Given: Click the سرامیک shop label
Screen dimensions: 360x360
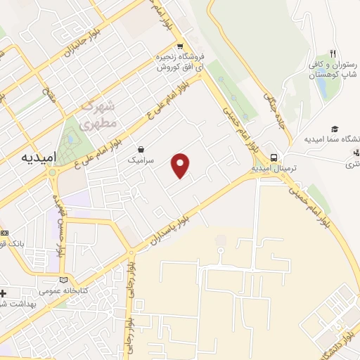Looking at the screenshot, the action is (139, 160).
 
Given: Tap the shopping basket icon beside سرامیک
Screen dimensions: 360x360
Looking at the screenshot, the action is (141, 149).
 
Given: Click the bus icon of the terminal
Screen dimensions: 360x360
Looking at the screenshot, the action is (274, 158).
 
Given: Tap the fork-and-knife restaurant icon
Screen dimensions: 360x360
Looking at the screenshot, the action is (333, 53).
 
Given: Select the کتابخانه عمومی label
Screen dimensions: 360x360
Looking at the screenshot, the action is (63, 290).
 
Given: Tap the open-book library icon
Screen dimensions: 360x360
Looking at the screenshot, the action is (65, 279).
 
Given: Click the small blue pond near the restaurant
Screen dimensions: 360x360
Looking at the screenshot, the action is (321, 85).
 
